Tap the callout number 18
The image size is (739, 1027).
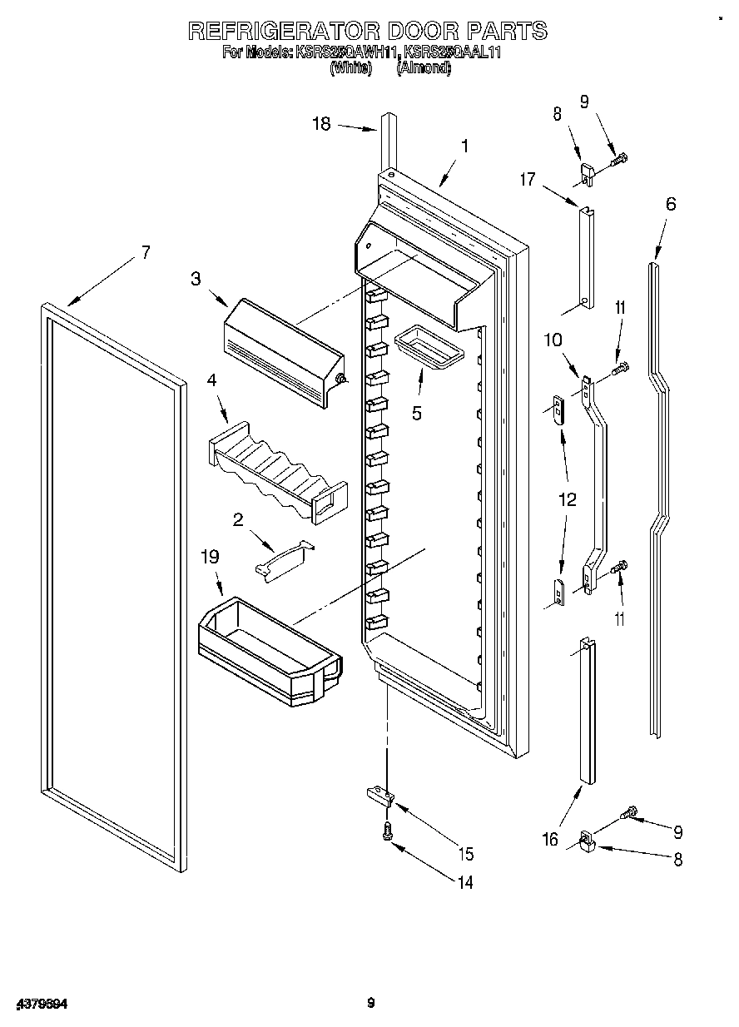point(321,124)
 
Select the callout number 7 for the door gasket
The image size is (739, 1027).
point(146,253)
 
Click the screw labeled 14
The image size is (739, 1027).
point(387,830)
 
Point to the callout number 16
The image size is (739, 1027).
point(550,839)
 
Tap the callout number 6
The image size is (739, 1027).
point(671,204)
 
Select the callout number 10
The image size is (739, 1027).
point(553,340)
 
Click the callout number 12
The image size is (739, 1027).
point(567,501)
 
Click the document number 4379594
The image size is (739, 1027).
point(40,1005)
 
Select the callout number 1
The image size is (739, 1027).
point(464,146)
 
